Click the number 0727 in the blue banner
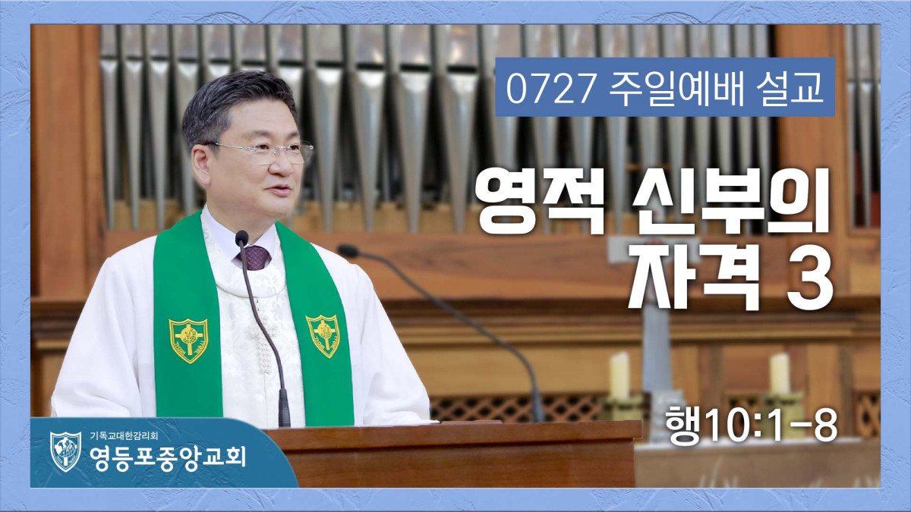(x=550, y=87)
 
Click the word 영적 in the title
(x=540, y=201)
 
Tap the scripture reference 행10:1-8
(x=751, y=426)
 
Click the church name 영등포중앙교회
(x=168, y=457)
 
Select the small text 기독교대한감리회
(x=124, y=435)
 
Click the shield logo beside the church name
(x=65, y=451)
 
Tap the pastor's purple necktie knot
(x=254, y=257)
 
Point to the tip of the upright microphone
(x=241, y=237)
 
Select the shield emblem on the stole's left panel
(x=188, y=339)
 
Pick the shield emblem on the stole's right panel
(x=323, y=335)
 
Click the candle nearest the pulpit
(x=619, y=376)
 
